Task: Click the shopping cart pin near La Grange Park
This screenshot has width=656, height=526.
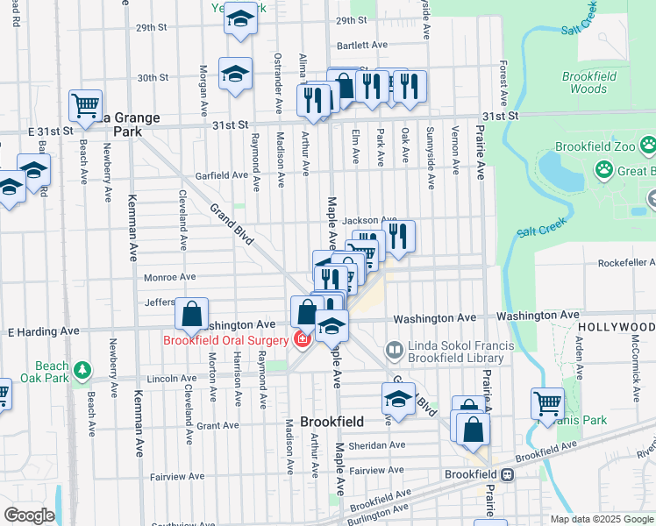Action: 85,106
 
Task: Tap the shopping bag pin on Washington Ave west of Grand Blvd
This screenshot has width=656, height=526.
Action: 191,314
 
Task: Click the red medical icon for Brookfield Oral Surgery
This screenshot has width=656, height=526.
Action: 303,339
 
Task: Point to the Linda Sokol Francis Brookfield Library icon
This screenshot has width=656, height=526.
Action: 395,351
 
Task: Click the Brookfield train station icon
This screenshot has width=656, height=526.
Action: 507,474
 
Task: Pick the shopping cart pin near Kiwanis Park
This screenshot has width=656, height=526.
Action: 547,403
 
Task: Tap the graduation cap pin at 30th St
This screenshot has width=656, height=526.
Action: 235,75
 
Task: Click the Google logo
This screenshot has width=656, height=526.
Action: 29,515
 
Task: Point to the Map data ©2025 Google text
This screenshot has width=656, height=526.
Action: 601,519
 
